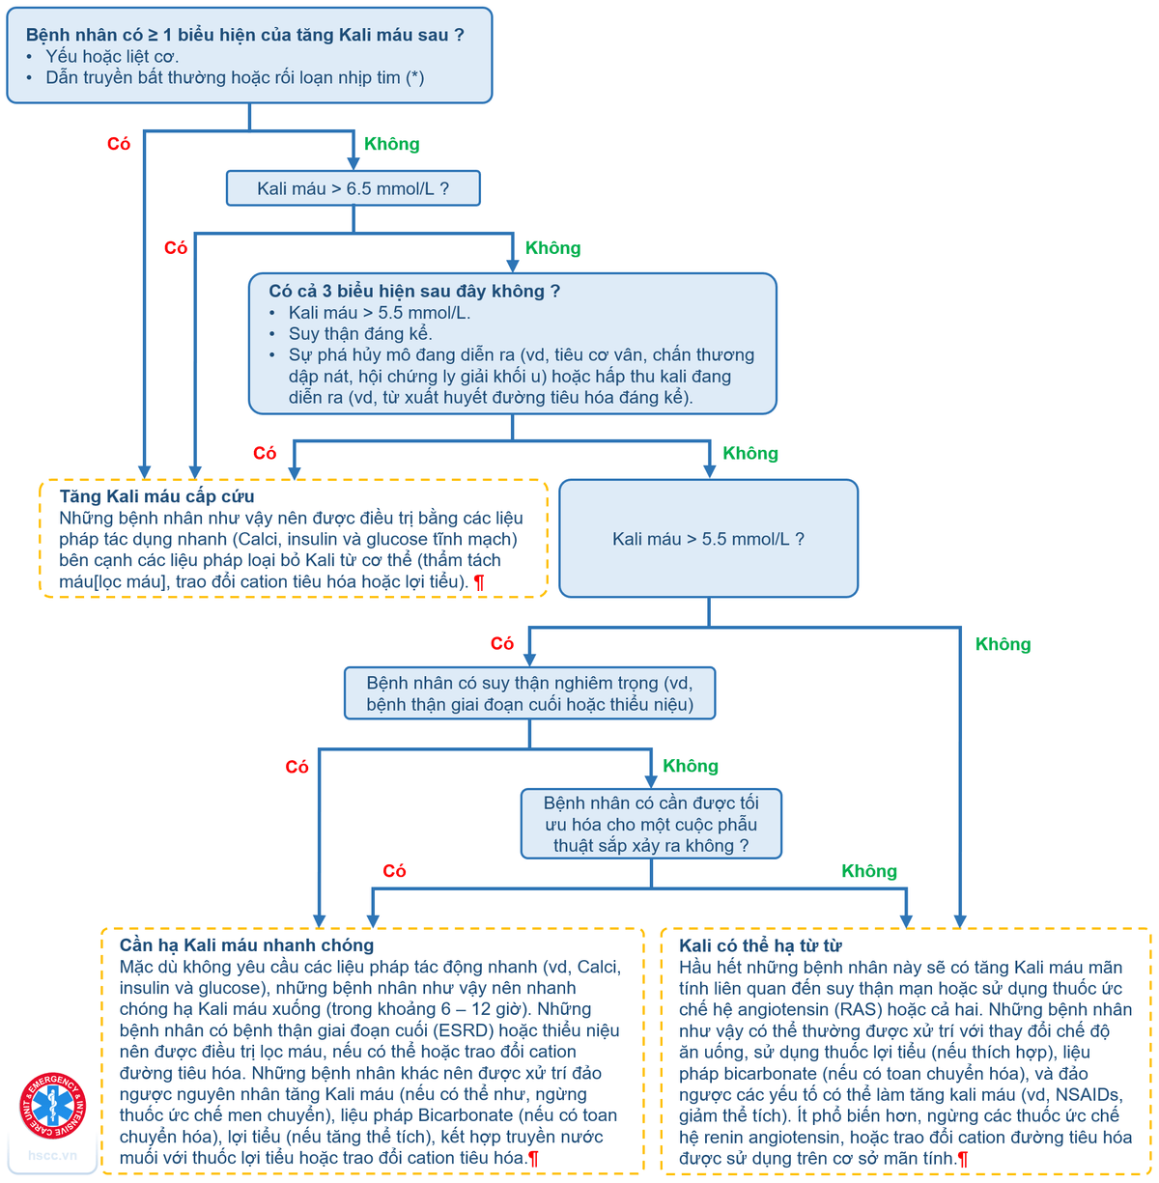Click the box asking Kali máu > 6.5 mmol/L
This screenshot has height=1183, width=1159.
tap(353, 188)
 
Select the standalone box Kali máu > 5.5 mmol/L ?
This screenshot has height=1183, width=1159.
tap(708, 539)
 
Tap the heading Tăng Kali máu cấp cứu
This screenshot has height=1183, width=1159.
tap(156, 496)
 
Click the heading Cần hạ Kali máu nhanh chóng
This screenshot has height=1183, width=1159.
tap(246, 945)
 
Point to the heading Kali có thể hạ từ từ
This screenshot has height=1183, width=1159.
tap(760, 945)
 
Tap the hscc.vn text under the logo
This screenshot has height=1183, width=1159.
tap(52, 1155)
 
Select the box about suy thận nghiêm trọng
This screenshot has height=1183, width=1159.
tap(529, 693)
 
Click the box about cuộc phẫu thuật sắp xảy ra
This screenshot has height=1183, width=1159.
tap(650, 824)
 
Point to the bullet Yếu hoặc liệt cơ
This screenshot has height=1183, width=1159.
tap(112, 56)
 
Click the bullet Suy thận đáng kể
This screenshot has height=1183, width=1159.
tap(359, 334)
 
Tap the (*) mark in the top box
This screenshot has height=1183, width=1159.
tap(414, 77)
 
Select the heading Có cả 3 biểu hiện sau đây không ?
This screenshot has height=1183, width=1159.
tap(413, 291)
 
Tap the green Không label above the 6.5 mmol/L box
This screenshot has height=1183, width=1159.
tap(391, 144)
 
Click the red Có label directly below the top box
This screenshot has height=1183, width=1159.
tap(119, 144)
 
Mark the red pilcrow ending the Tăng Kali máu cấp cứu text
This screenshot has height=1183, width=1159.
tap(479, 582)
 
